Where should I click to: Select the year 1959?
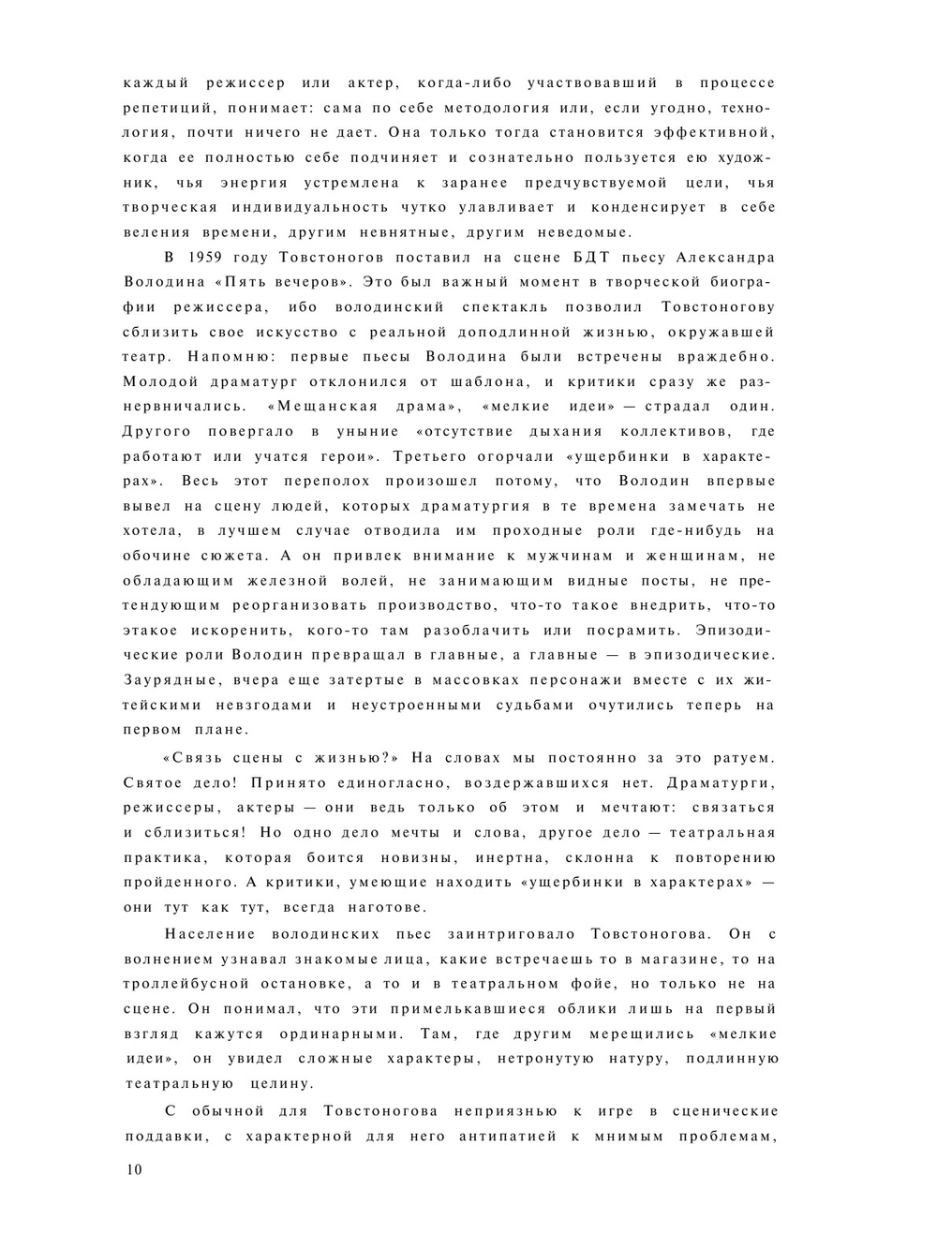(203, 257)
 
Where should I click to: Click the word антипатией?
(523, 1137)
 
